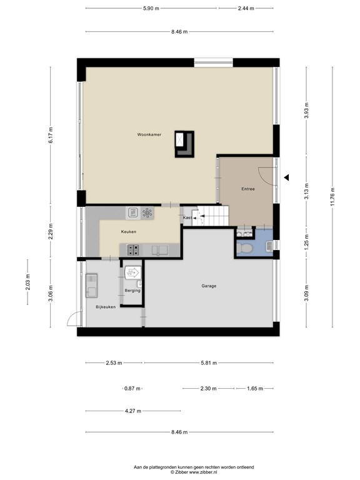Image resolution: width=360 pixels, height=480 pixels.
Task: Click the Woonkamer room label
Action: (x=149, y=134)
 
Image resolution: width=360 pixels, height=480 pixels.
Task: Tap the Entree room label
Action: (x=248, y=189)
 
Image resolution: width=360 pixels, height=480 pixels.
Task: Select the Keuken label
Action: (x=129, y=232)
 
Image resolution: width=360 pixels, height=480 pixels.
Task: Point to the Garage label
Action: (x=209, y=286)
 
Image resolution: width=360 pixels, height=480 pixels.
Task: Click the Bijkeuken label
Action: (x=106, y=307)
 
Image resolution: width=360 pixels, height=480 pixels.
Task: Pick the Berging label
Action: (x=132, y=291)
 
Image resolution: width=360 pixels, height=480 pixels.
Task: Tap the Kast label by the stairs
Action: (x=187, y=217)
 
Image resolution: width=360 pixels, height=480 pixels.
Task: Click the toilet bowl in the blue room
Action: (x=245, y=247)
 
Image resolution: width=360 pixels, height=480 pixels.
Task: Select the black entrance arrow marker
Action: (x=286, y=177)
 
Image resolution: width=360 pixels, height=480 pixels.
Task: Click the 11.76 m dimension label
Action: (x=332, y=196)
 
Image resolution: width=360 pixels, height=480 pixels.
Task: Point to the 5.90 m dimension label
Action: (x=151, y=8)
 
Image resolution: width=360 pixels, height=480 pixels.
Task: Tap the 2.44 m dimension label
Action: (x=246, y=8)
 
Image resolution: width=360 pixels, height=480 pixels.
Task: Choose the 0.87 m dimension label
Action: (x=132, y=389)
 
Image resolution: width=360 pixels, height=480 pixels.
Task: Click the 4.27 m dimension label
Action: (x=133, y=411)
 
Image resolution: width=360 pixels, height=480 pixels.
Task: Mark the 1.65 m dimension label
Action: (x=255, y=389)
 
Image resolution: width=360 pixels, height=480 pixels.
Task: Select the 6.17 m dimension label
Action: (x=51, y=135)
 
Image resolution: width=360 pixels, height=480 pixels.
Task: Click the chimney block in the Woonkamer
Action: (x=184, y=144)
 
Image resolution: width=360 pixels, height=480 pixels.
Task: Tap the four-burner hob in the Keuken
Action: (x=132, y=250)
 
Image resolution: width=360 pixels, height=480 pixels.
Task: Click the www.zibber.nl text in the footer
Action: (x=204, y=472)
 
